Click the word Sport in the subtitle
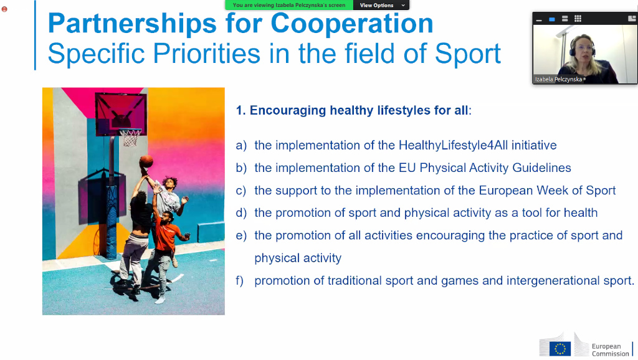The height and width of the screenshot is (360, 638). pos(468,54)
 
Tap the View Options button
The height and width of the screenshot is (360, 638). pos(381,5)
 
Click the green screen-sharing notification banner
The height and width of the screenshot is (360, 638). pos(289,5)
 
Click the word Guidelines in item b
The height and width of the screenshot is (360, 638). pos(541,168)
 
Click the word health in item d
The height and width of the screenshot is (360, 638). pos(580,213)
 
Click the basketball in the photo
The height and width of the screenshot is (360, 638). pos(146,161)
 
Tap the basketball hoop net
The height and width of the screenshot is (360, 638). pos(130,137)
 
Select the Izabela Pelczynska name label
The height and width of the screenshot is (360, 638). pos(559,79)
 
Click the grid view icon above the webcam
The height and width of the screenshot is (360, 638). pos(578,19)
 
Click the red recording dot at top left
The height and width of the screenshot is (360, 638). pos(4,9)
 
